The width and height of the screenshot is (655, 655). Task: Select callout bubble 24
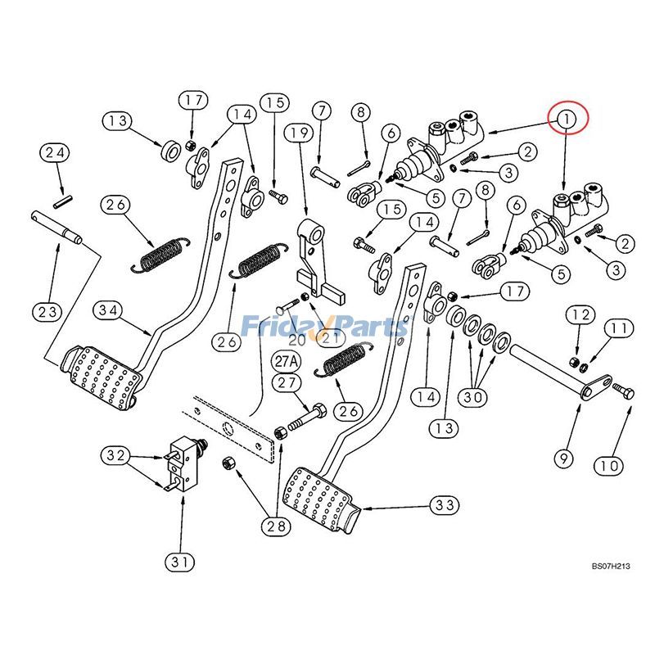click(56, 152)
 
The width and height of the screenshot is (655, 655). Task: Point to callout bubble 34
click(109, 310)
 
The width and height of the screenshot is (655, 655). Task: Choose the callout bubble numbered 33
click(444, 506)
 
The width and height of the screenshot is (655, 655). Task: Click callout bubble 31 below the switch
click(180, 562)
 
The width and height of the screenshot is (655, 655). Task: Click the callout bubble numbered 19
click(299, 133)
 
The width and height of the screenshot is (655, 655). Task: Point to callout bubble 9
click(563, 459)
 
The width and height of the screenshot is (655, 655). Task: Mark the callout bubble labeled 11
click(619, 328)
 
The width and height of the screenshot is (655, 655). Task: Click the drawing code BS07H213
click(611, 566)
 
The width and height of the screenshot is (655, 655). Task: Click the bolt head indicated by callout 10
click(627, 393)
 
